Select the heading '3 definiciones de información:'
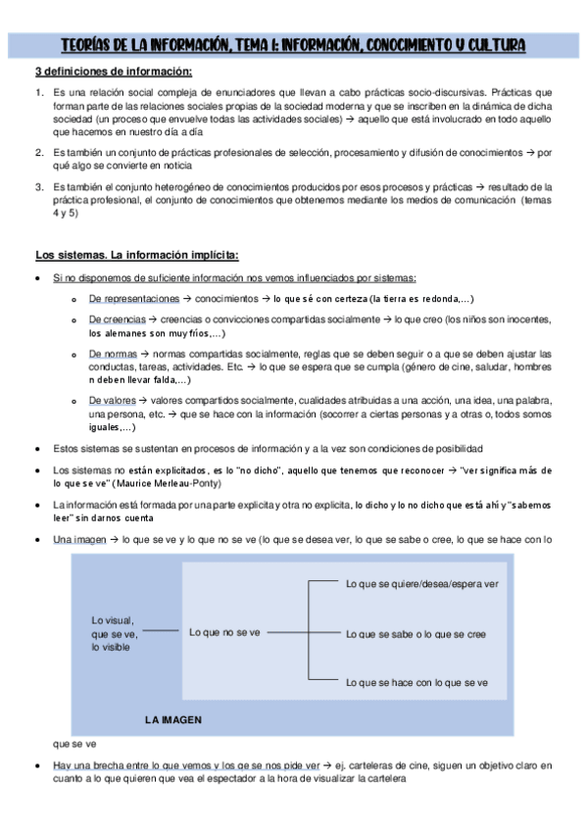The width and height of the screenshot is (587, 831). [x=114, y=72]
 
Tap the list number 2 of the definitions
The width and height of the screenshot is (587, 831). [x=39, y=153]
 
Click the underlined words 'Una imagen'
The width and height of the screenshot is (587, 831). [x=78, y=540]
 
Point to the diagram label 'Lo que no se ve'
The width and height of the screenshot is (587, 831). [x=224, y=633]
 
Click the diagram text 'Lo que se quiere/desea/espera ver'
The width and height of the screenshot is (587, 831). [x=422, y=583]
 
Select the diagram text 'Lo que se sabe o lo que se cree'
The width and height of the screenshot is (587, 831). [x=416, y=634]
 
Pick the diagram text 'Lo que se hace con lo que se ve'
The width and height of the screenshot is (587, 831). [x=416, y=682]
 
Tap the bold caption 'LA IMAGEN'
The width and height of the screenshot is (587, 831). [x=172, y=718]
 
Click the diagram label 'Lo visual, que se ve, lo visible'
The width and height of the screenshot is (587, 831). [x=114, y=633]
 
